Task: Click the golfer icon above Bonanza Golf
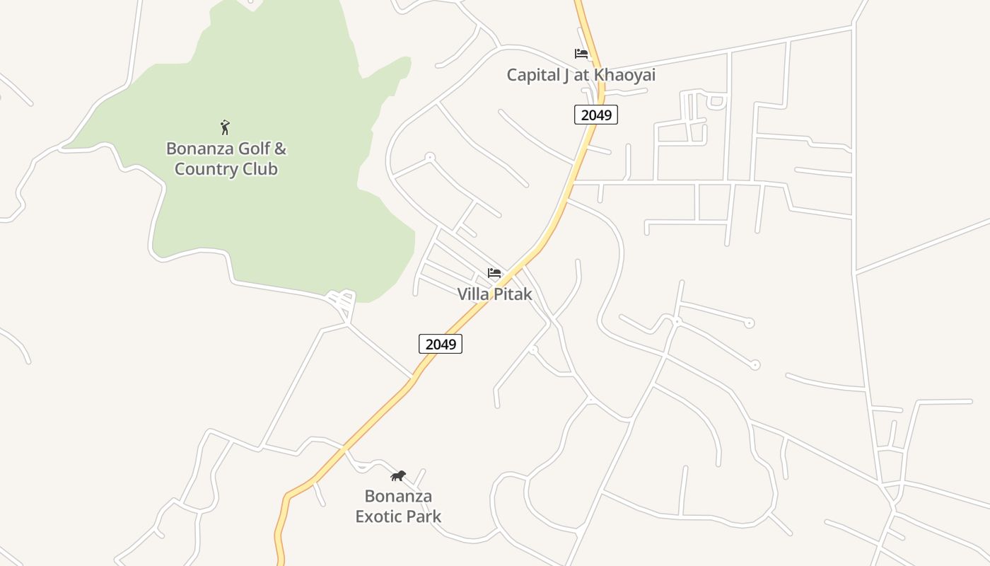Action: click(x=225, y=127)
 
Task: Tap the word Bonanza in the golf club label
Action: click(x=199, y=149)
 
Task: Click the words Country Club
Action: click(x=226, y=169)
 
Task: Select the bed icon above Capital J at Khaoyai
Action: click(x=581, y=54)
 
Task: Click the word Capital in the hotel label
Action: click(x=532, y=75)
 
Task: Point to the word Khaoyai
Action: click(x=624, y=75)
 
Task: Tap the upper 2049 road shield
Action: click(x=595, y=115)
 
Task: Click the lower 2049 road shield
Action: click(x=440, y=344)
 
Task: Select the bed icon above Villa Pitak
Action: click(x=494, y=273)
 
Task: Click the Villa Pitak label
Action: click(x=494, y=294)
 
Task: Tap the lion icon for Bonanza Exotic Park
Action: click(x=398, y=475)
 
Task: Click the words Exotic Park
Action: click(x=398, y=516)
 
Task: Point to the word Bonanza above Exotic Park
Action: click(x=398, y=496)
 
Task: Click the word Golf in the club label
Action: click(x=252, y=149)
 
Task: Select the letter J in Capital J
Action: click(x=566, y=75)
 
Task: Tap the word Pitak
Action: click(x=513, y=294)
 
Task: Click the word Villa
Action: click(x=474, y=294)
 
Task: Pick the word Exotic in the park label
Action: click(x=378, y=516)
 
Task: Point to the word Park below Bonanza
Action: click(x=424, y=516)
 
